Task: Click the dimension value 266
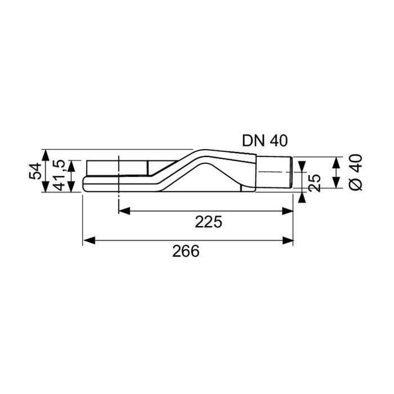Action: pyautogui.click(x=186, y=251)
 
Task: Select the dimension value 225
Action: pyautogui.click(x=209, y=221)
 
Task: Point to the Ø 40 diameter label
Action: pyautogui.click(x=355, y=173)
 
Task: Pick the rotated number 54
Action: pyautogui.click(x=35, y=171)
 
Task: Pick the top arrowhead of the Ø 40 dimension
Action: pyautogui.click(x=335, y=161)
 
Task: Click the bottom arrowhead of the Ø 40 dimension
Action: pyautogui.click(x=335, y=183)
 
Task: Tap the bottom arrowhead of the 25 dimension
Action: pyautogui.click(x=303, y=195)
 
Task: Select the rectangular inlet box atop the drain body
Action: pyautogui.click(x=118, y=168)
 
